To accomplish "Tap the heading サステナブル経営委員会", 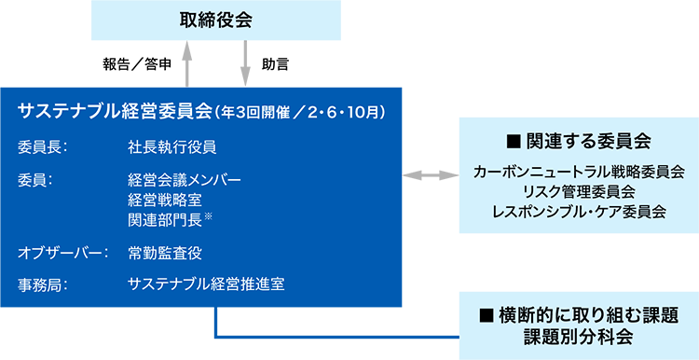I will pos(115,112).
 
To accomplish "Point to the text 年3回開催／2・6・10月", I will pos(299,113).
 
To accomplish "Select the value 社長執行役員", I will pos(172,146).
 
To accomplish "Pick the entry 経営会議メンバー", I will pos(185,179).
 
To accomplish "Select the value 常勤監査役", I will pos(165,253).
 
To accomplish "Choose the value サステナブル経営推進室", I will pos(206,284).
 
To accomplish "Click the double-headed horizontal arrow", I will pos(424,174).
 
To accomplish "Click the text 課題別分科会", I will pos(578,335).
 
